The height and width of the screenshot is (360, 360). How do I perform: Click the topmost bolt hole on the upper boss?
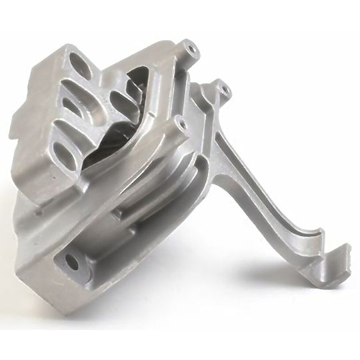point(192,47)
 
